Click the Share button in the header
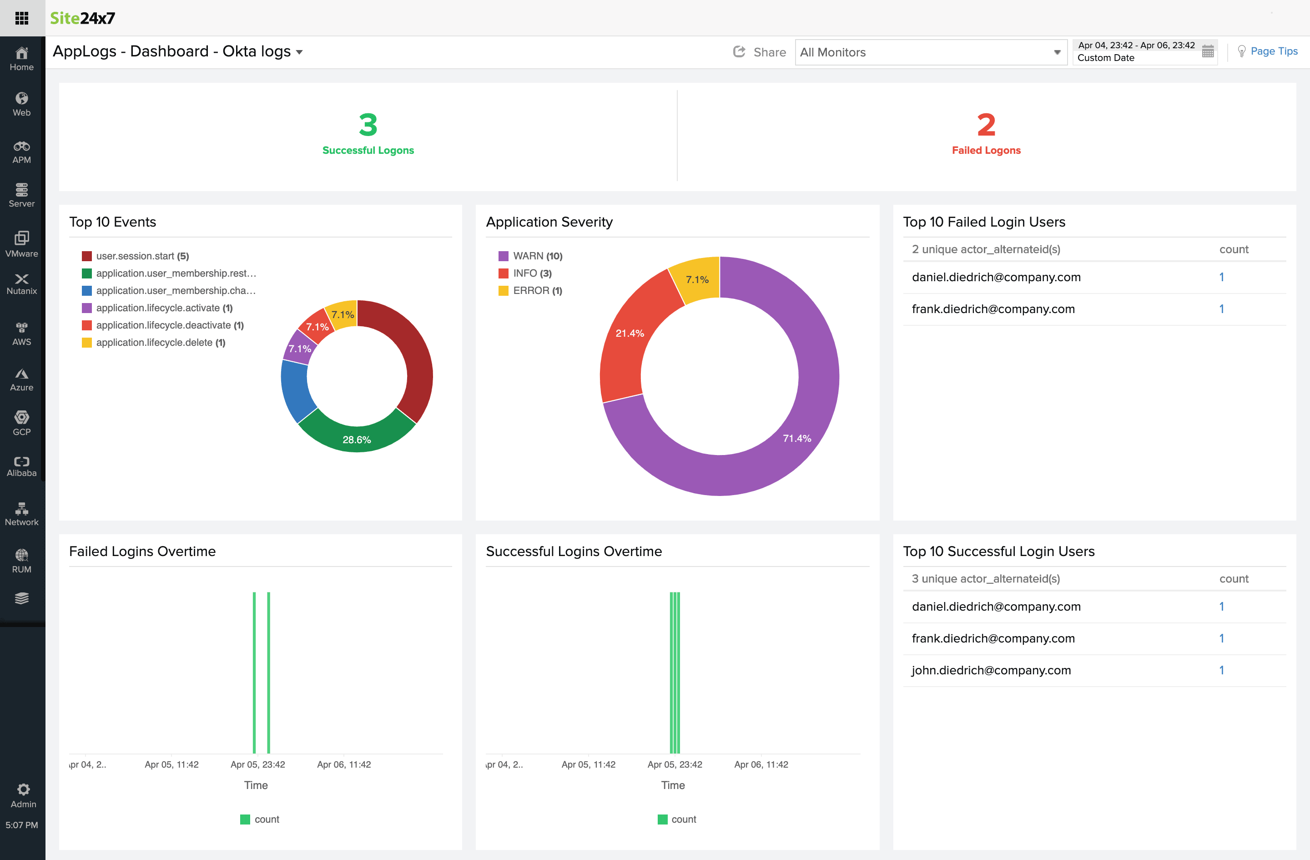pyautogui.click(x=760, y=52)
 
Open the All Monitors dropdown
pyautogui.click(x=930, y=52)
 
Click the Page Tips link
pyautogui.click(x=1273, y=51)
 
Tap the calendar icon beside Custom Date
pyautogui.click(x=1208, y=52)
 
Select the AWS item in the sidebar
pyautogui.click(x=21, y=334)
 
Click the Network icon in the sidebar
pyautogui.click(x=21, y=514)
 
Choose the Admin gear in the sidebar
pyautogui.click(x=23, y=795)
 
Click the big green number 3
pyautogui.click(x=368, y=125)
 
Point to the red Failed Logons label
pyautogui.click(x=986, y=150)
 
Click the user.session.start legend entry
pyautogui.click(x=142, y=256)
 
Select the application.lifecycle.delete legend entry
pyautogui.click(x=160, y=343)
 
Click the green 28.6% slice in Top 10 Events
pyautogui.click(x=357, y=438)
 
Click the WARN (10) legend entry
pyautogui.click(x=537, y=256)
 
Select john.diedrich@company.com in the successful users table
pyautogui.click(x=991, y=670)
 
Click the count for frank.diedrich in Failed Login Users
pyautogui.click(x=1221, y=309)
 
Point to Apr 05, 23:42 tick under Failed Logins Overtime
pyautogui.click(x=257, y=764)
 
